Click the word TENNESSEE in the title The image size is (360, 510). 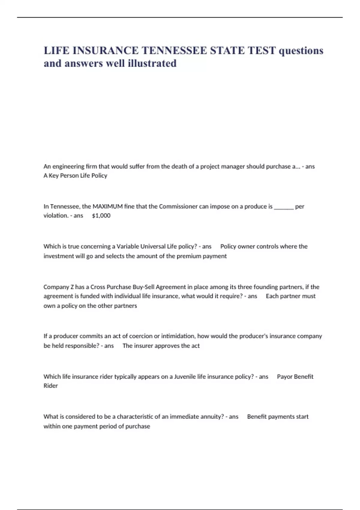click(174, 50)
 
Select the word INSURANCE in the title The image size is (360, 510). click(106, 50)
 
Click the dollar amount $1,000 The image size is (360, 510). click(101, 216)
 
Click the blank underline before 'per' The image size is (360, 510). click(284, 207)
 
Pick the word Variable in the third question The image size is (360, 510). click(127, 247)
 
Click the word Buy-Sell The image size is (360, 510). click(145, 287)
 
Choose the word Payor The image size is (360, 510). click(284, 377)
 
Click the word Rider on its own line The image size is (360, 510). click(50, 386)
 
